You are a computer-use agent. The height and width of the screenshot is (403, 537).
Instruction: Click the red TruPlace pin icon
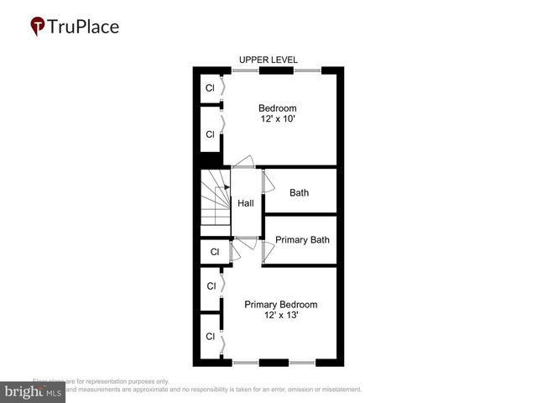coord(38,27)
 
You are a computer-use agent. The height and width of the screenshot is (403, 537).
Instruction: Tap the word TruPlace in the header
coord(83,26)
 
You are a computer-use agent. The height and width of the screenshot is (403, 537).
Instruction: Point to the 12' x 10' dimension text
coord(277,120)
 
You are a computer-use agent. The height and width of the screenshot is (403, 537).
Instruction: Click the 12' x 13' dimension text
coord(280,316)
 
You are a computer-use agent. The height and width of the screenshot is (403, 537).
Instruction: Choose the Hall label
coord(245,203)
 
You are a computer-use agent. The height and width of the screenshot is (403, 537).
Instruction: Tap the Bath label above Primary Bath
coord(299,192)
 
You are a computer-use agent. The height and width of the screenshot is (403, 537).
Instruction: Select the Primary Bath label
coord(302,240)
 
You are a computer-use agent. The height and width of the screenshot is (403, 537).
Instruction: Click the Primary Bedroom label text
coord(280,304)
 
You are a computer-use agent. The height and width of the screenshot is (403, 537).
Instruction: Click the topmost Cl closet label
coord(211,87)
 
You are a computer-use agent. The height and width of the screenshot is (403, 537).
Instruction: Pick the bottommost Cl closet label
coord(211,337)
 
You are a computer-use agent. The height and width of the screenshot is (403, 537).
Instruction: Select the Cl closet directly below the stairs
coord(215,252)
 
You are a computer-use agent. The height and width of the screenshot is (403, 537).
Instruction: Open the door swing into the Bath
coord(268,181)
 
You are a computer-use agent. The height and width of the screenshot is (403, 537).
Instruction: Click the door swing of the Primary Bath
coord(268,249)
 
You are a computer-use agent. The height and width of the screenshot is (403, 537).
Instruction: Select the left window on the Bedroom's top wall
coord(245,71)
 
